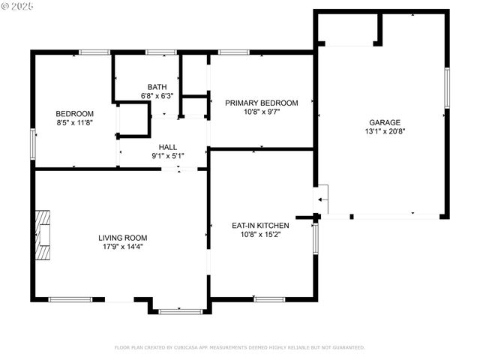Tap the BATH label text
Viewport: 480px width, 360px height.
point(157,87)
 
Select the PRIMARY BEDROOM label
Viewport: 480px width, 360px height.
point(262,103)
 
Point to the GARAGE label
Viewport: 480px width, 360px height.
point(384,122)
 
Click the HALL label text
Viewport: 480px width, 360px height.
point(167,147)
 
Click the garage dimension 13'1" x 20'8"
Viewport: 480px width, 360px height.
point(384,131)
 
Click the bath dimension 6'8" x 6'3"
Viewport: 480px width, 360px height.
point(157,96)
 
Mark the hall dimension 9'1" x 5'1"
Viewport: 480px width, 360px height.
point(167,156)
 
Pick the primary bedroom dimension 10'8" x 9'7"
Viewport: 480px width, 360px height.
point(262,112)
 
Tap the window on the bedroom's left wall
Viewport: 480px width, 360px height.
point(32,143)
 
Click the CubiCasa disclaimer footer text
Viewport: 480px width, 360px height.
point(239,347)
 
